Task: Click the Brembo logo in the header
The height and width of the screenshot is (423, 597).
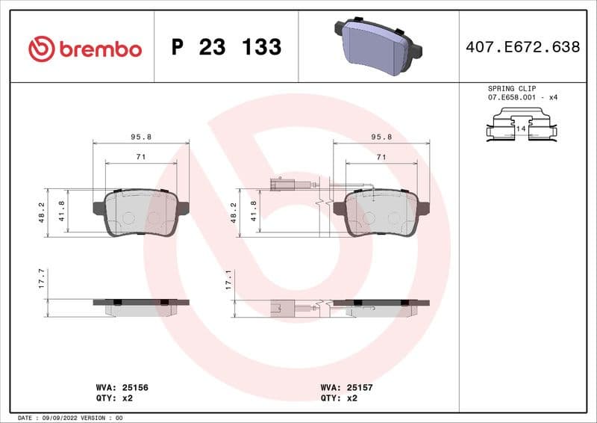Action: [84, 49]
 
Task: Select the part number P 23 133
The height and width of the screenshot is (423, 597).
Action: [226, 48]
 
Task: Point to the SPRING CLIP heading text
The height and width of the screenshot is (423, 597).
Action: [512, 88]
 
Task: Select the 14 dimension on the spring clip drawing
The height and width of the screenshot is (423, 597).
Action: [521, 129]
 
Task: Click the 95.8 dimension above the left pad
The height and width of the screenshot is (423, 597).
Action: [141, 137]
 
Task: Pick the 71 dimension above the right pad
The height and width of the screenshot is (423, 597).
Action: [381, 157]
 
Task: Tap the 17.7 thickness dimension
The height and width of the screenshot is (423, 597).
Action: [43, 280]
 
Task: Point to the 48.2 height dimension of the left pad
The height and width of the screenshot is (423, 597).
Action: [43, 212]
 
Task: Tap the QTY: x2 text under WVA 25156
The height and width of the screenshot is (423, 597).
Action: [114, 398]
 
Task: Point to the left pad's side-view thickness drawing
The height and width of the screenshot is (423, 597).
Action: [141, 306]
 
